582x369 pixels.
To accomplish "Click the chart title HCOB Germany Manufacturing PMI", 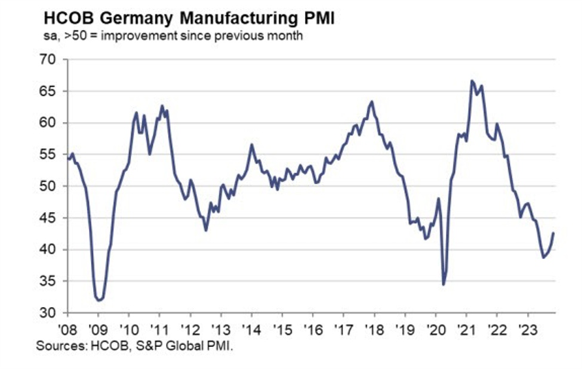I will [x=185, y=18].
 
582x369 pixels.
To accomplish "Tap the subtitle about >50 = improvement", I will [x=170, y=36].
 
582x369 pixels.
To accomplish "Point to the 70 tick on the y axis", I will [x=48, y=60].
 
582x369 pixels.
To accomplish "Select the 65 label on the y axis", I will [x=48, y=91].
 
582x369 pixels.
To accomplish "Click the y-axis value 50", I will [x=48, y=186].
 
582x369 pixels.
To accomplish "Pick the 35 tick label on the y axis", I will [x=48, y=281].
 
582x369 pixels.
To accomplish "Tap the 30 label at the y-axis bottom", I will [x=48, y=313].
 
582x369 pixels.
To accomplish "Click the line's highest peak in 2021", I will [x=472, y=80].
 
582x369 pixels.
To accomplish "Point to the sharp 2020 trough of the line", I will [x=443, y=284].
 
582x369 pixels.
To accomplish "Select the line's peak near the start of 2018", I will [x=372, y=101].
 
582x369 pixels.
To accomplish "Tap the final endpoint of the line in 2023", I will [x=553, y=233].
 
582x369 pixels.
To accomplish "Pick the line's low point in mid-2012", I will [x=206, y=230].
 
